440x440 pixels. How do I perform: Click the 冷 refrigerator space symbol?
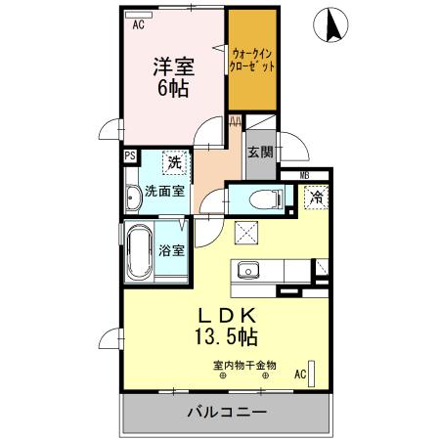click(x=316, y=197)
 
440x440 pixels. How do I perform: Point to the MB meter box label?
click(x=304, y=175)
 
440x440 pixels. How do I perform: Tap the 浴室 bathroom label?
click(x=172, y=250)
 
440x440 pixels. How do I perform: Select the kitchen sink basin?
click(x=247, y=270)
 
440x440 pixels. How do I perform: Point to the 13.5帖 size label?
click(x=228, y=338)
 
